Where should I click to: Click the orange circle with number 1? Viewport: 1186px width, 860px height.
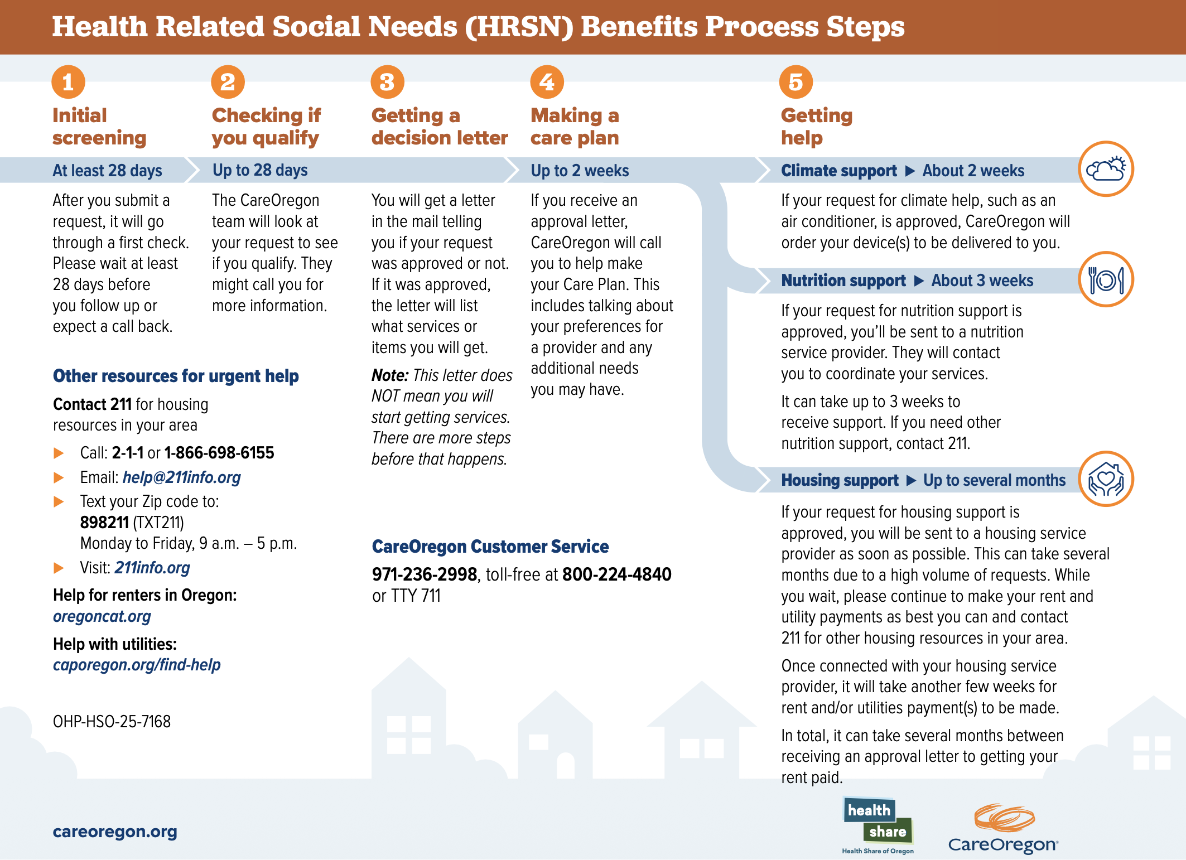click(x=68, y=82)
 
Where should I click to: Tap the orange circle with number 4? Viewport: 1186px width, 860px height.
click(x=547, y=82)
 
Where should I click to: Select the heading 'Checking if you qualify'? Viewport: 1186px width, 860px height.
click(x=266, y=127)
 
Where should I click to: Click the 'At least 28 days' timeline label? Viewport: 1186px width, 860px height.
click(x=107, y=171)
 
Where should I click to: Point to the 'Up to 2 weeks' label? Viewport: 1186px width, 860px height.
click(x=580, y=171)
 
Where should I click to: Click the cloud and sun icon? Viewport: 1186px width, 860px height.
click(x=1106, y=169)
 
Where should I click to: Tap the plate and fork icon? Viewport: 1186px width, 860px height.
click(x=1106, y=279)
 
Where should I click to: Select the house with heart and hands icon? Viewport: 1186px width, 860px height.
click(x=1106, y=479)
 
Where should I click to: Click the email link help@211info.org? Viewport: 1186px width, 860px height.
click(x=181, y=477)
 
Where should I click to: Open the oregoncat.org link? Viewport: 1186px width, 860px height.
click(x=102, y=616)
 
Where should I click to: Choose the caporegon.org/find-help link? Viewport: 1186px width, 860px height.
click(x=137, y=665)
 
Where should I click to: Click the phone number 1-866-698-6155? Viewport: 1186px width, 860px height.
click(x=219, y=453)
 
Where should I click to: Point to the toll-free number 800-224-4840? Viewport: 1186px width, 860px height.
click(x=616, y=574)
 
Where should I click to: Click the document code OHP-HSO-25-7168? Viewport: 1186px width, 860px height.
click(x=112, y=722)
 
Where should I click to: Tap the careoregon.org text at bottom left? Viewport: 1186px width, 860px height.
click(x=114, y=832)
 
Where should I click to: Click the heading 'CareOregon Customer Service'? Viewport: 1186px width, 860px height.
click(x=490, y=547)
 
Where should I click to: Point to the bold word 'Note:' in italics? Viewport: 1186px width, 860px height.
click(x=390, y=375)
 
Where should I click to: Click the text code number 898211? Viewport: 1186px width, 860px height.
click(x=104, y=523)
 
